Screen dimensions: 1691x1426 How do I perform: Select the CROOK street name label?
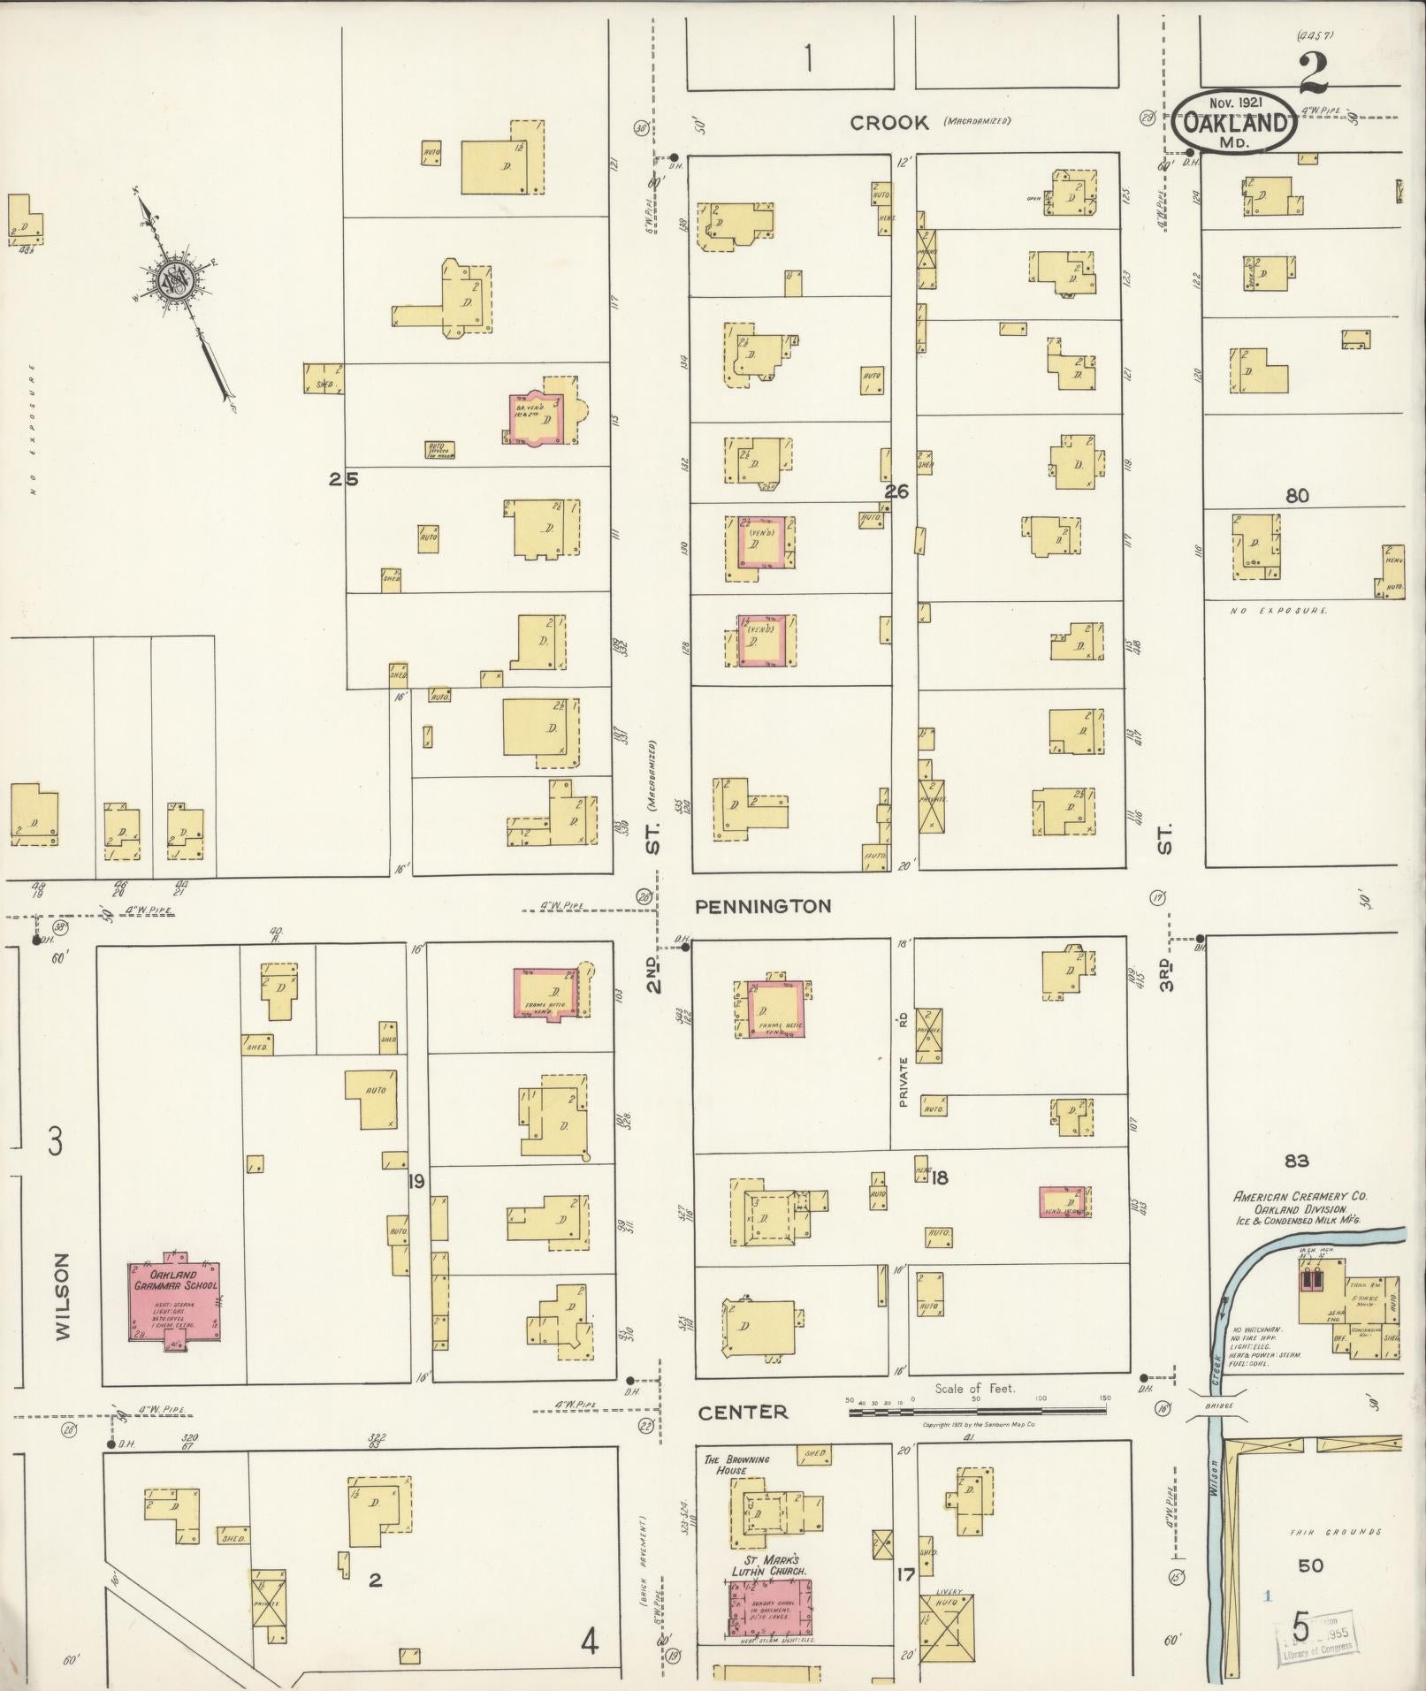coord(889,123)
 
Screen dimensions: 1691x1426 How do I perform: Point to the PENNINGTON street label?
coord(763,906)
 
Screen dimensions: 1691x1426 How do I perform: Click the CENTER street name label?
coord(743,1413)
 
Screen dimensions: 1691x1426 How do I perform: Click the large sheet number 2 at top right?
coord(1313,72)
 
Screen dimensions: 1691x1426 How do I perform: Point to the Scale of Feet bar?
coord(977,1412)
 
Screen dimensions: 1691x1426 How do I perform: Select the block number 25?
coord(344,480)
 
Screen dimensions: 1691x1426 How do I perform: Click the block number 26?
coord(896,491)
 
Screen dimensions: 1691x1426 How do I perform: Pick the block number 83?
coord(1297,1161)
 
